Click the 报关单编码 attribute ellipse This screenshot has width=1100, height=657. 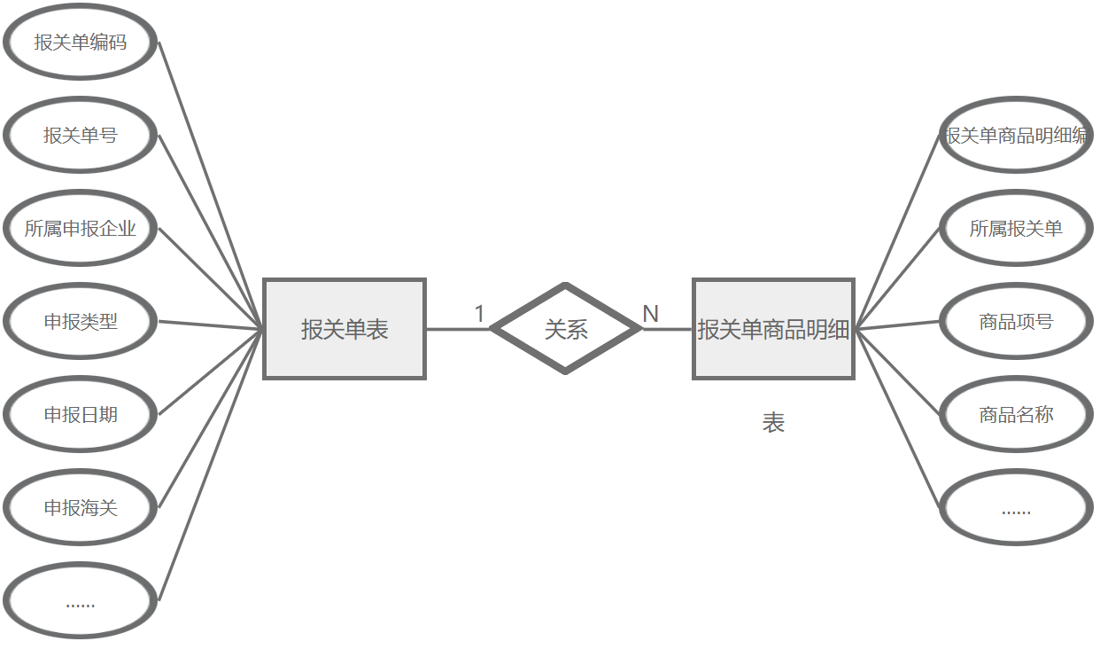coord(81,43)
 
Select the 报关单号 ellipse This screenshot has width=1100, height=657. coord(81,136)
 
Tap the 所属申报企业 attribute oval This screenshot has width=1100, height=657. coord(81,229)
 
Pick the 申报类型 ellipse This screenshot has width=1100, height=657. coord(81,322)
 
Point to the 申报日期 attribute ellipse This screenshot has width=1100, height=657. coord(81,415)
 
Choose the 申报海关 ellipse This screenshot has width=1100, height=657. coord(81,508)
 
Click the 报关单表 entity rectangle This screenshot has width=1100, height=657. coord(345,330)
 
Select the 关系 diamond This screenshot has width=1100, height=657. coord(566,330)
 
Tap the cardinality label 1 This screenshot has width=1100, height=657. coord(480,314)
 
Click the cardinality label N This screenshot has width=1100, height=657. coord(650,314)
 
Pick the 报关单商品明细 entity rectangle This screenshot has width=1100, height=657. coord(773,330)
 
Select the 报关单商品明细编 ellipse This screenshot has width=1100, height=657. coord(1016,136)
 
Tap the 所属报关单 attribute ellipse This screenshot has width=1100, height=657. coord(1016,229)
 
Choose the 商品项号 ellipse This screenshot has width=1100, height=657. coord(1016,322)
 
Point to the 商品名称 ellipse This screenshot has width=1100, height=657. coord(1016,415)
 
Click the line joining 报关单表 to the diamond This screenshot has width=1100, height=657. coord(457,330)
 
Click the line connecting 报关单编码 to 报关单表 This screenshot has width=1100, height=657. coord(211,185)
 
